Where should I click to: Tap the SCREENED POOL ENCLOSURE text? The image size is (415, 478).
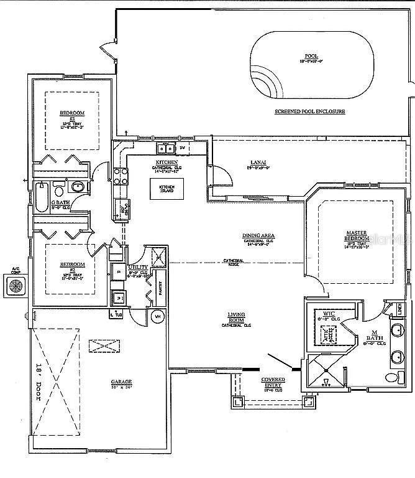click(x=309, y=111)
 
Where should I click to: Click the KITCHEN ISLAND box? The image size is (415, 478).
click(x=167, y=187)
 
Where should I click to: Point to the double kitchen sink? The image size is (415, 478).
click(x=166, y=148)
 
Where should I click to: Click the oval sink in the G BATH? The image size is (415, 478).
click(x=78, y=186)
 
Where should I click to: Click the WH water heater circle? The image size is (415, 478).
click(x=158, y=316)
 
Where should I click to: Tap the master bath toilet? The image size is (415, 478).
click(x=391, y=377)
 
